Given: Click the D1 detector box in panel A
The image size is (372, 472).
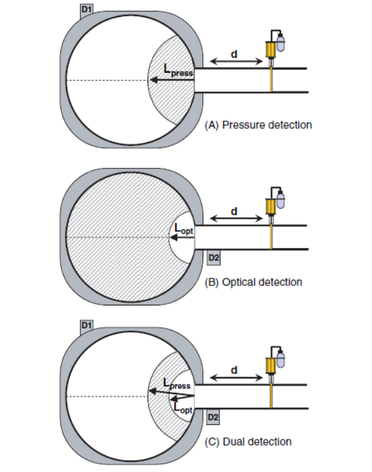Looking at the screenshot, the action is point(87,11).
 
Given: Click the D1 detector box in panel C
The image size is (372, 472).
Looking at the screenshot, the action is point(87,327).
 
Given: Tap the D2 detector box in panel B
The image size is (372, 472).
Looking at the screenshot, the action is point(214,258).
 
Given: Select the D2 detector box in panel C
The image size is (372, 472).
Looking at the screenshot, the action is point(213,417).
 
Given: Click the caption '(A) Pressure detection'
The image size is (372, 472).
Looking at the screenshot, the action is point(258,125).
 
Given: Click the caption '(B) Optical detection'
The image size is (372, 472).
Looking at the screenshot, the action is point(253,282).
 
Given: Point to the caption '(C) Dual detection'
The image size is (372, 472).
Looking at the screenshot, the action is point(248,442).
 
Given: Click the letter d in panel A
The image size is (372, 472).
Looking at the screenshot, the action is point(234,54).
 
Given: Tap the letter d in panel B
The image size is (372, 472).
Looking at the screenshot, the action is point(234,211).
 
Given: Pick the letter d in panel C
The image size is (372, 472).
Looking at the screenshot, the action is point(234,370).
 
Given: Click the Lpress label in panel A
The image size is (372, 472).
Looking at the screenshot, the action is point(178,70).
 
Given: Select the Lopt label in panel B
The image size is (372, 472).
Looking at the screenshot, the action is point(183,229).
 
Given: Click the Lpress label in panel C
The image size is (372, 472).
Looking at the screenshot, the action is point(177,384).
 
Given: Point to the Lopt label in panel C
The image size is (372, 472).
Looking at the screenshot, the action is point(183,408).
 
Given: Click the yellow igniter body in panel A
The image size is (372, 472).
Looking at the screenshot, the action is point(271,50).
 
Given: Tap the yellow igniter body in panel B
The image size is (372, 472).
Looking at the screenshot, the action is point(271,207).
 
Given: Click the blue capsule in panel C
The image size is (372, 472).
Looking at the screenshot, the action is point(280,359).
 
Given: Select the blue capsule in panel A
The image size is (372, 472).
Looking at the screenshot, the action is point(280,43).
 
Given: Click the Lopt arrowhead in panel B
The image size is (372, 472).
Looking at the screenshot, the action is point(173,238).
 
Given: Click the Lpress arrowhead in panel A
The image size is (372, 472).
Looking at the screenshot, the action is point(153,80).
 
